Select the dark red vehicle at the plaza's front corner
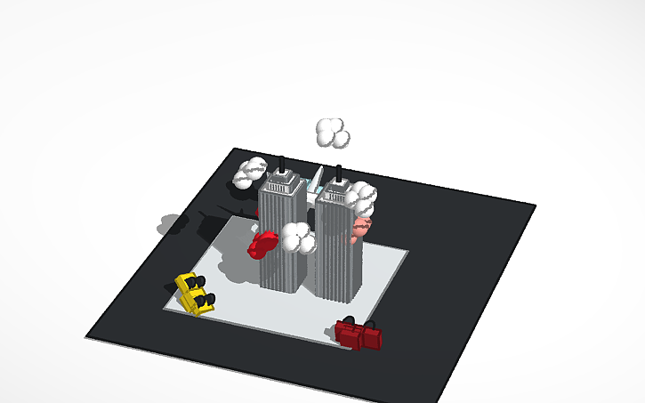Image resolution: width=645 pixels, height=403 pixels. point(358,334)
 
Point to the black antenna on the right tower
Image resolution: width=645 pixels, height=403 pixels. point(338,172)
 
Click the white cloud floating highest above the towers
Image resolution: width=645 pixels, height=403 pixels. point(332,133)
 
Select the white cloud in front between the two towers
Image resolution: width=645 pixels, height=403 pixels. point(298,238)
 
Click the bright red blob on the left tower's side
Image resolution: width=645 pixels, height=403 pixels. point(262,243)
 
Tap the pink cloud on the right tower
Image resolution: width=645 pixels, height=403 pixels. point(359,230)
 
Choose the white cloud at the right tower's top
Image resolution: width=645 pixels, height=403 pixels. point(362,197)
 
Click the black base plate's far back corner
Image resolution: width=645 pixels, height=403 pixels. point(235,149)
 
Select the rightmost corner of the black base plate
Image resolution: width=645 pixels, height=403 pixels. point(535,206)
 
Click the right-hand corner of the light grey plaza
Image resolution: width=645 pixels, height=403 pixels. point(407,253)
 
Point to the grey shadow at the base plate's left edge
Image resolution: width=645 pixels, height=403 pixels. point(170,223)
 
